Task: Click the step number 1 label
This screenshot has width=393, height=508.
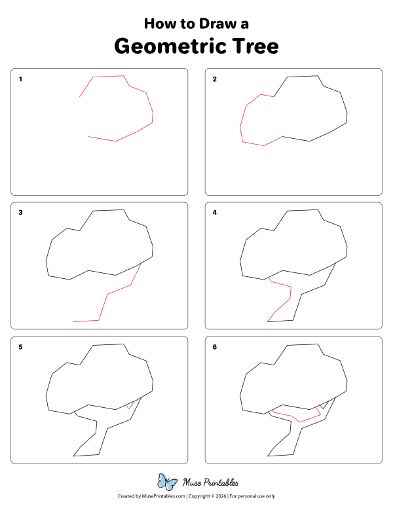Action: pos(21,79)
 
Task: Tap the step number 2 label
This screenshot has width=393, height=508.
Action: pos(214,79)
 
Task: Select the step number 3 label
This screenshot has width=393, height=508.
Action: pos(21,213)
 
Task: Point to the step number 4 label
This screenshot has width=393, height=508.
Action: pos(214,213)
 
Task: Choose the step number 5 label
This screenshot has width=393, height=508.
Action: pos(21,347)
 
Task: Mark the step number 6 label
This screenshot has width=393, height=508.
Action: pos(214,347)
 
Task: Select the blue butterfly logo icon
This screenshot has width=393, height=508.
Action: pos(168,482)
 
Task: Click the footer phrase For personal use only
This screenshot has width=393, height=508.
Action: pos(252,496)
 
